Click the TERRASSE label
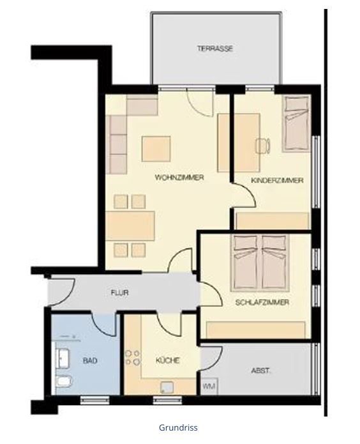pyautogui.click(x=215, y=49)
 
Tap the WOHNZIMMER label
pyautogui.click(x=179, y=178)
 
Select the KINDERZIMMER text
pyautogui.click(x=278, y=180)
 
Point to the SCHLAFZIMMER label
pyautogui.click(x=262, y=302)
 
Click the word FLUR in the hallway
pyautogui.click(x=120, y=293)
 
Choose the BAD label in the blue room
pyautogui.click(x=90, y=360)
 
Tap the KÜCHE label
pyautogui.click(x=167, y=360)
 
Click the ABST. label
pyautogui.click(x=260, y=371)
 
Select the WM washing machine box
pyautogui.click(x=209, y=386)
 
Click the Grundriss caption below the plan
pyautogui.click(x=178, y=427)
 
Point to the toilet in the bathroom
pyautogui.click(x=64, y=381)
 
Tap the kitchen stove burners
pyautogui.click(x=133, y=358)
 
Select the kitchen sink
pyautogui.click(x=167, y=387)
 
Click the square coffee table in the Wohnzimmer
pyautogui.click(x=156, y=149)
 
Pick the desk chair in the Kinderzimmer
pyautogui.click(x=263, y=146)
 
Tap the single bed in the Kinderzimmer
pyautogui.click(x=296, y=123)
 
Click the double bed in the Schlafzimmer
pyautogui.click(x=260, y=263)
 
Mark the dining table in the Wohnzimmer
pyautogui.click(x=130, y=226)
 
